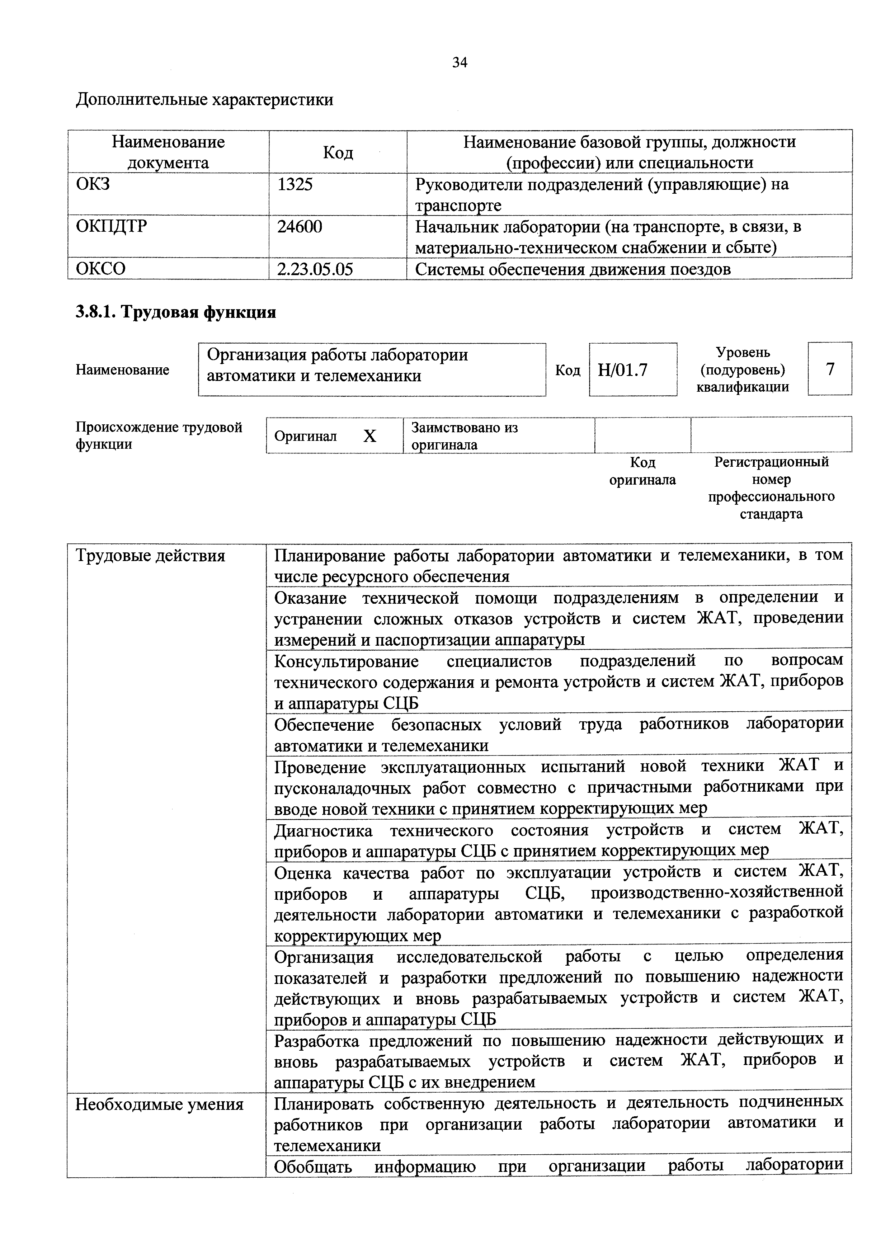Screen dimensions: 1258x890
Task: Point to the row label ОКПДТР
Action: (111, 227)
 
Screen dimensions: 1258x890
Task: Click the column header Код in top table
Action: (338, 152)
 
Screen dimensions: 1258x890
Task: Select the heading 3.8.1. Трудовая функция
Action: (175, 312)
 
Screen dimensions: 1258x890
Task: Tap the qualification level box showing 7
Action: (830, 369)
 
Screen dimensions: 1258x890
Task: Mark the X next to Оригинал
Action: (371, 436)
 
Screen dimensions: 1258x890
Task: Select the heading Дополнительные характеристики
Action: (204, 100)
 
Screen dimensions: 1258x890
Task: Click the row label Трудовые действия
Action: (150, 556)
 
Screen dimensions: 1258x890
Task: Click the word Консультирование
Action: (347, 661)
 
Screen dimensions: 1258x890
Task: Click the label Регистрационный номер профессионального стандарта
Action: (771, 487)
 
